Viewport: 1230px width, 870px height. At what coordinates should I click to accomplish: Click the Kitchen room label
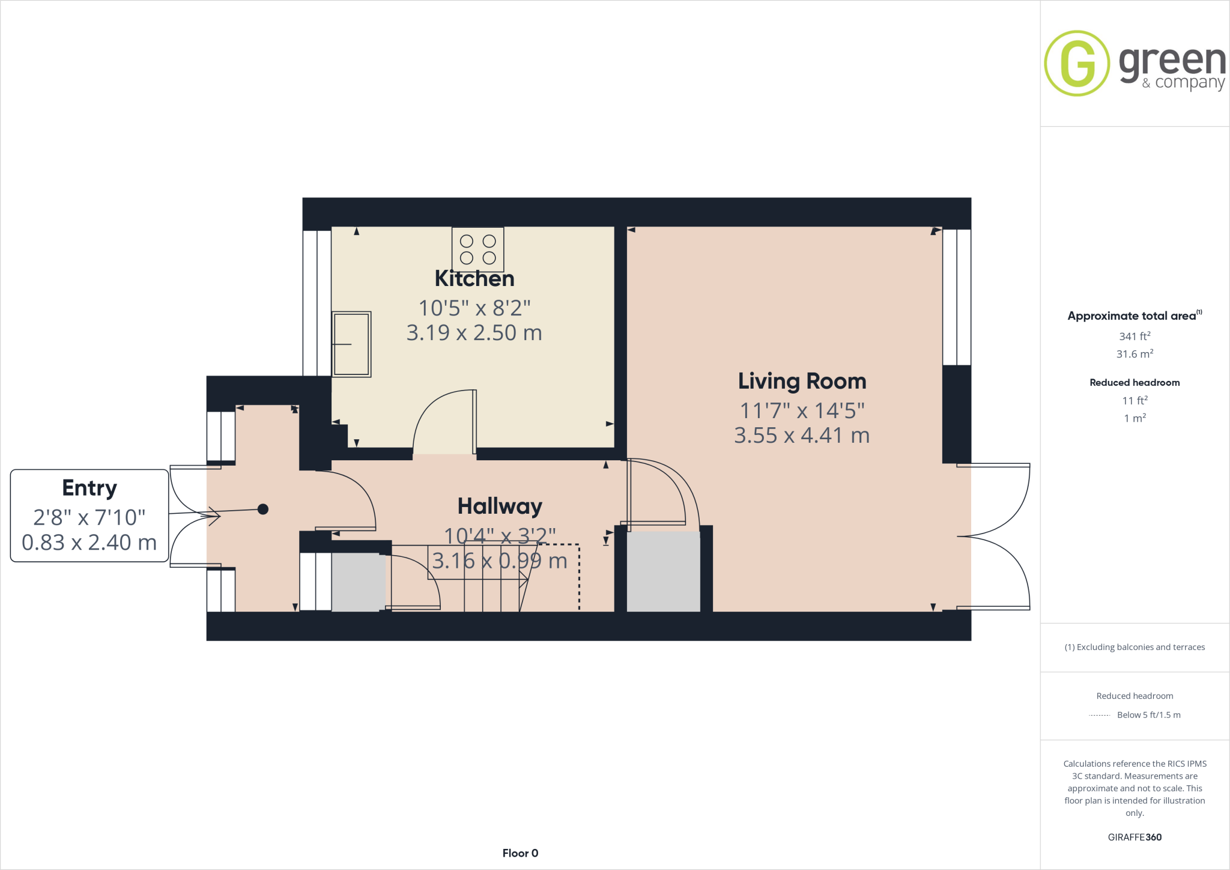point(474,279)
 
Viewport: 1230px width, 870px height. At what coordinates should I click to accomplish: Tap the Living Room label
point(802,382)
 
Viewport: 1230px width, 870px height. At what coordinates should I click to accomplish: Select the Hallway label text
point(500,506)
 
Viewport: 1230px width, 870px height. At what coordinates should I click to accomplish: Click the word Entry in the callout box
point(89,488)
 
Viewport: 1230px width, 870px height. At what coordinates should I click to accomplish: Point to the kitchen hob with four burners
point(478,249)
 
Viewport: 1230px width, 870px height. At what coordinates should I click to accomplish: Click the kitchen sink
point(351,344)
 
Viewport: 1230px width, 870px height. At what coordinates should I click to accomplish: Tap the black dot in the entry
point(263,510)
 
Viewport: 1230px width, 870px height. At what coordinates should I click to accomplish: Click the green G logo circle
point(1077,63)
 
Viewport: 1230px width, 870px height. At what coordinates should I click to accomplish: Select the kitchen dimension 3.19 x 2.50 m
point(474,333)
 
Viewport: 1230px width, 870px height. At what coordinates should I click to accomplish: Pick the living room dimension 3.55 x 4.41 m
point(802,436)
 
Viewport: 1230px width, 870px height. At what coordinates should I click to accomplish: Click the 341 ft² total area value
point(1135,336)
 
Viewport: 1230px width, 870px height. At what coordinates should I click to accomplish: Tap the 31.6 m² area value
point(1135,354)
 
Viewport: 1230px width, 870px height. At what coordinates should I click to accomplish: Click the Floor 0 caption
point(520,853)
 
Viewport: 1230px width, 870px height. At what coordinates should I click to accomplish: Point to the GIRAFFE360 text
point(1135,837)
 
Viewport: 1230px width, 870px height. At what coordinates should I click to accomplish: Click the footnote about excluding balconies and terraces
point(1135,647)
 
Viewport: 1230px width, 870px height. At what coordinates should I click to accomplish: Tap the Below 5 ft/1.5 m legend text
point(1148,715)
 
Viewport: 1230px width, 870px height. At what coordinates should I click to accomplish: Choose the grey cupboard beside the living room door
point(663,571)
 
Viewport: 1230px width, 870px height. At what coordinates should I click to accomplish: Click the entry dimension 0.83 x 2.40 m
point(89,543)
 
